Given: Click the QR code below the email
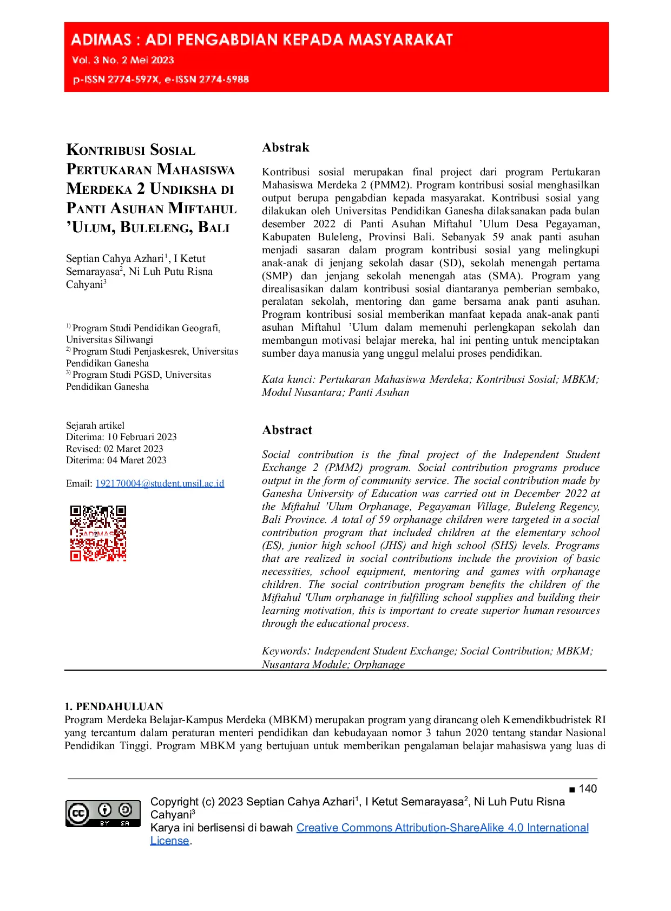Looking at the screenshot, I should (98, 533).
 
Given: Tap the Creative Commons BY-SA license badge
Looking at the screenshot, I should (103, 813).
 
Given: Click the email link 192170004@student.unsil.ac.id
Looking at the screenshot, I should (160, 483).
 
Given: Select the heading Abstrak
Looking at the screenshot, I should (286, 148).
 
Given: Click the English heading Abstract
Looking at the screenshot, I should (287, 430).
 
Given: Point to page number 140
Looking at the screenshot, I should (588, 789).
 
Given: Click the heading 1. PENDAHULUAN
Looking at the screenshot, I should (114, 706).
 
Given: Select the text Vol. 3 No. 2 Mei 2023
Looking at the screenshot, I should (123, 60).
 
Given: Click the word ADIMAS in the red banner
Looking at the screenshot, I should (101, 40).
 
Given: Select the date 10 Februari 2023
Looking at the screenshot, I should (142, 437).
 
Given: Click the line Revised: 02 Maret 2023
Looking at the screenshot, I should (115, 449).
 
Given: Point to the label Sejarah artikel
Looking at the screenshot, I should (95, 425).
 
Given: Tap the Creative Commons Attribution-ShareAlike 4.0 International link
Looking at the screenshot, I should (442, 828).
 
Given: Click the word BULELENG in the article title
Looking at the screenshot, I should (156, 227).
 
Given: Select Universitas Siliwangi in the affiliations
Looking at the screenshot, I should (109, 339).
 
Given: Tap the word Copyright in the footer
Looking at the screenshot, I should (174, 802).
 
